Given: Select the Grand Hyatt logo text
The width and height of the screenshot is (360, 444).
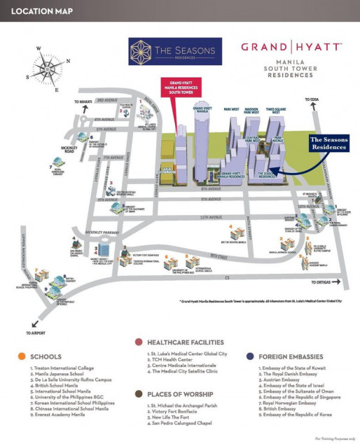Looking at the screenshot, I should pyautogui.click(x=291, y=48).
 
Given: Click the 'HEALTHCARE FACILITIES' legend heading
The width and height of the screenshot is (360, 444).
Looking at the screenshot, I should pyautogui.click(x=180, y=342).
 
